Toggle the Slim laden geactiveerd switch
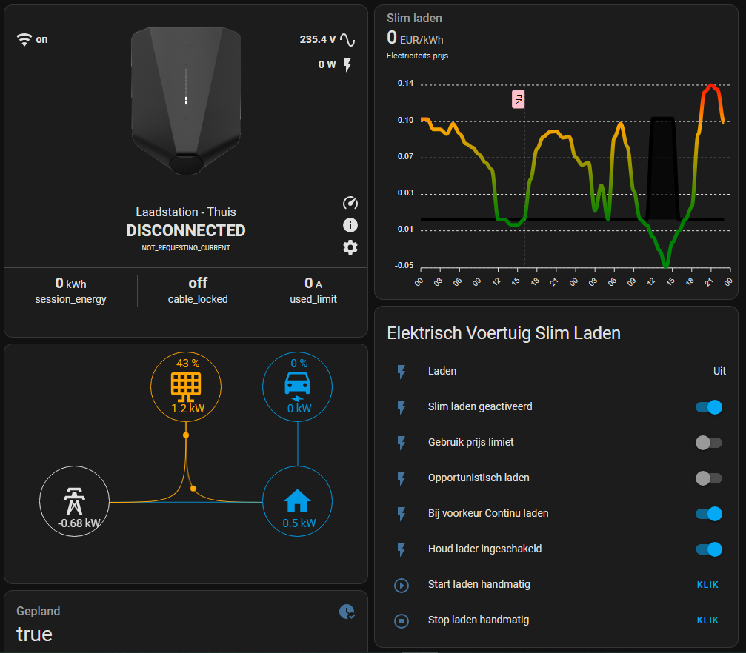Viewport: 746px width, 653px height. pos(708,406)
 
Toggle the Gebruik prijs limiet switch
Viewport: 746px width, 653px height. pos(708,442)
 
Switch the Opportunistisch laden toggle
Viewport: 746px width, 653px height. pos(708,478)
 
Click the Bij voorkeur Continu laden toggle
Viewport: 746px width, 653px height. pos(708,513)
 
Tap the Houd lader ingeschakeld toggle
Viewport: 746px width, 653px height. pos(708,549)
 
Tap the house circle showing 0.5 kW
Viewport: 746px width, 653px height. pos(298,501)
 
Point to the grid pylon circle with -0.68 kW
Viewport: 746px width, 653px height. pos(73,501)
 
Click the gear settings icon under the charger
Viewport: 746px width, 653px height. pos(350,247)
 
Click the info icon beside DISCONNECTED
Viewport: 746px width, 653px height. pos(350,225)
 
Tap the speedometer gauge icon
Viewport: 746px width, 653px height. pos(350,203)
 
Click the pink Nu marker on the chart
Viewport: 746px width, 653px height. pos(519,99)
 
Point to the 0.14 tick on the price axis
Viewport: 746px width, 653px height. pos(405,84)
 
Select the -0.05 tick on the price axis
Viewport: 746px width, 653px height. pos(405,265)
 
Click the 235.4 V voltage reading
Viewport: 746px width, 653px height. pos(317,40)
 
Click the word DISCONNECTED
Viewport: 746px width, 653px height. pos(186,231)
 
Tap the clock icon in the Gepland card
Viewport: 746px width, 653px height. pos(346,612)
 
